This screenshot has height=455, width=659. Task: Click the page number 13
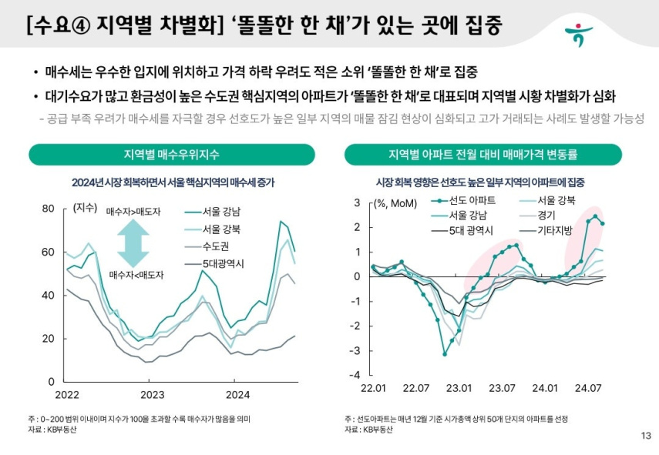(x=646, y=437)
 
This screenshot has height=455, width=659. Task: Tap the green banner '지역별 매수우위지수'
(x=171, y=155)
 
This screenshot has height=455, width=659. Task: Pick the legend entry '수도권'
(x=217, y=246)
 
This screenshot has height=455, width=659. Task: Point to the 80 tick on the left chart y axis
(x=48, y=209)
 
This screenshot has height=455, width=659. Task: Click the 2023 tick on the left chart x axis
(x=152, y=395)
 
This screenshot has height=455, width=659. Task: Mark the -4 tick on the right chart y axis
(x=356, y=374)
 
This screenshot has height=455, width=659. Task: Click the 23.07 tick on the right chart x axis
(x=502, y=388)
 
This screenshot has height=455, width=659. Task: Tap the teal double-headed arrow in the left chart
(x=133, y=243)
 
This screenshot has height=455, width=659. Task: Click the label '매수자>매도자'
(x=133, y=212)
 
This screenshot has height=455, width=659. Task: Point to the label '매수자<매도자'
(x=133, y=274)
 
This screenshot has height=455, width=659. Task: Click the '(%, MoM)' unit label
(x=393, y=204)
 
